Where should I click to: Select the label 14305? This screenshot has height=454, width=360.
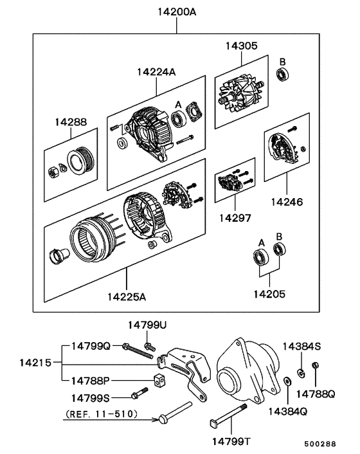pos(242,46)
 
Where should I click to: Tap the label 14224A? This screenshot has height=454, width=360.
pos(156,73)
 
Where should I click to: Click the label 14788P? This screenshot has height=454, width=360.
pos(90,380)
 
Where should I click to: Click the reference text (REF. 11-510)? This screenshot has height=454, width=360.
pos(101,415)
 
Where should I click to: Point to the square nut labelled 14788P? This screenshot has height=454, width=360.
pos(158,379)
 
